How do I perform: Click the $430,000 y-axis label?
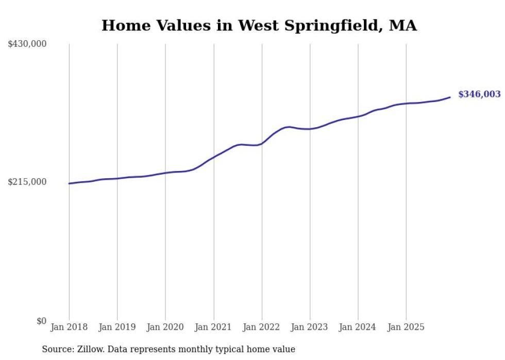click(27, 44)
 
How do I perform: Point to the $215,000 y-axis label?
click(27, 182)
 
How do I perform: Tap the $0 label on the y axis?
click(41, 321)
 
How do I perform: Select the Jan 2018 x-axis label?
click(69, 327)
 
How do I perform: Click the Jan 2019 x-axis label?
click(117, 327)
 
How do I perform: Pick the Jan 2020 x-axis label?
click(165, 327)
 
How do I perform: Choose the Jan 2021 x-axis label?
click(213, 327)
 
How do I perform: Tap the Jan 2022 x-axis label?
click(262, 327)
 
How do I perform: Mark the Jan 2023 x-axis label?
click(310, 327)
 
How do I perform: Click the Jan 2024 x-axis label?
click(358, 327)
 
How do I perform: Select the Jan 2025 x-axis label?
click(406, 327)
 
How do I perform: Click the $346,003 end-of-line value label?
click(479, 94)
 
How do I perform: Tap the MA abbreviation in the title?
click(403, 25)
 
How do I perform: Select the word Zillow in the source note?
click(92, 349)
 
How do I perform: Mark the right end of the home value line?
click(450, 97)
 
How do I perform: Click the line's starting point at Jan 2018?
click(69, 183)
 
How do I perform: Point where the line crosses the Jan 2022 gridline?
click(262, 143)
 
